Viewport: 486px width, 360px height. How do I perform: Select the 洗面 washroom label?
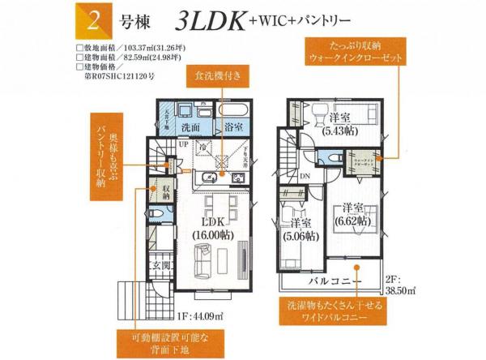[191, 128]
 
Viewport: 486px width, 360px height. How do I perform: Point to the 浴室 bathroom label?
[234, 128]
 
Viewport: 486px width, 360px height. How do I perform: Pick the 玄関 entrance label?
[159, 266]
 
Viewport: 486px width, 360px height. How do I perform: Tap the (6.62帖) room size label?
[355, 219]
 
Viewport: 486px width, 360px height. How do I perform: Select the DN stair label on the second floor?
[304, 176]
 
